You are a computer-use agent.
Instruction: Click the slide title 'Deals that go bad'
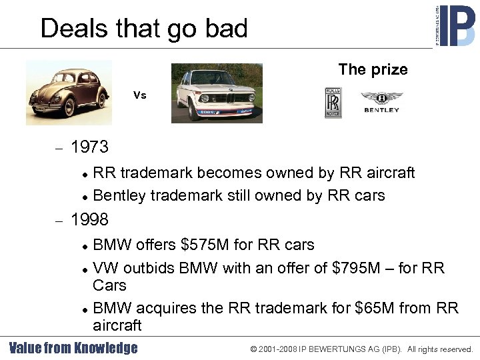144,29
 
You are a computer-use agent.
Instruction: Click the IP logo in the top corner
455,25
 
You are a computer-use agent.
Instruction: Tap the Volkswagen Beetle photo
69,92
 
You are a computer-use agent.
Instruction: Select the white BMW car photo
217,93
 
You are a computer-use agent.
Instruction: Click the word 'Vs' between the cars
139,95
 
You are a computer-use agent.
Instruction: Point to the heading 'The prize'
373,69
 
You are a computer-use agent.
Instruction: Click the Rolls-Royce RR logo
333,102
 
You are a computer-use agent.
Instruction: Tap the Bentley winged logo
381,102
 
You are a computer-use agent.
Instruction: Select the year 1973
89,146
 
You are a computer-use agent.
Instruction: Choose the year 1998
89,219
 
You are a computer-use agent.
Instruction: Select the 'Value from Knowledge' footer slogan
73,348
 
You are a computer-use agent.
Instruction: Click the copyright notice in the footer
361,349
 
